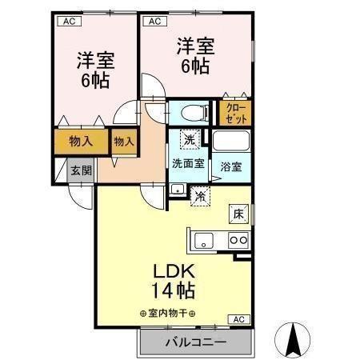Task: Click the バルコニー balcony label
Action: [196, 342]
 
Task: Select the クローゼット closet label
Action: [235, 112]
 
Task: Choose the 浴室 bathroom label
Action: [231, 166]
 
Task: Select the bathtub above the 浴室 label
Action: [232, 143]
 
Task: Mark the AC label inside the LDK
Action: [238, 319]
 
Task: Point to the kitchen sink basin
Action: [202, 238]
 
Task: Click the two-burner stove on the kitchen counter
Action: [238, 238]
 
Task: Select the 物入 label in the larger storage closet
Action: [80, 142]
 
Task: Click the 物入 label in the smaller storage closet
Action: [123, 141]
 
